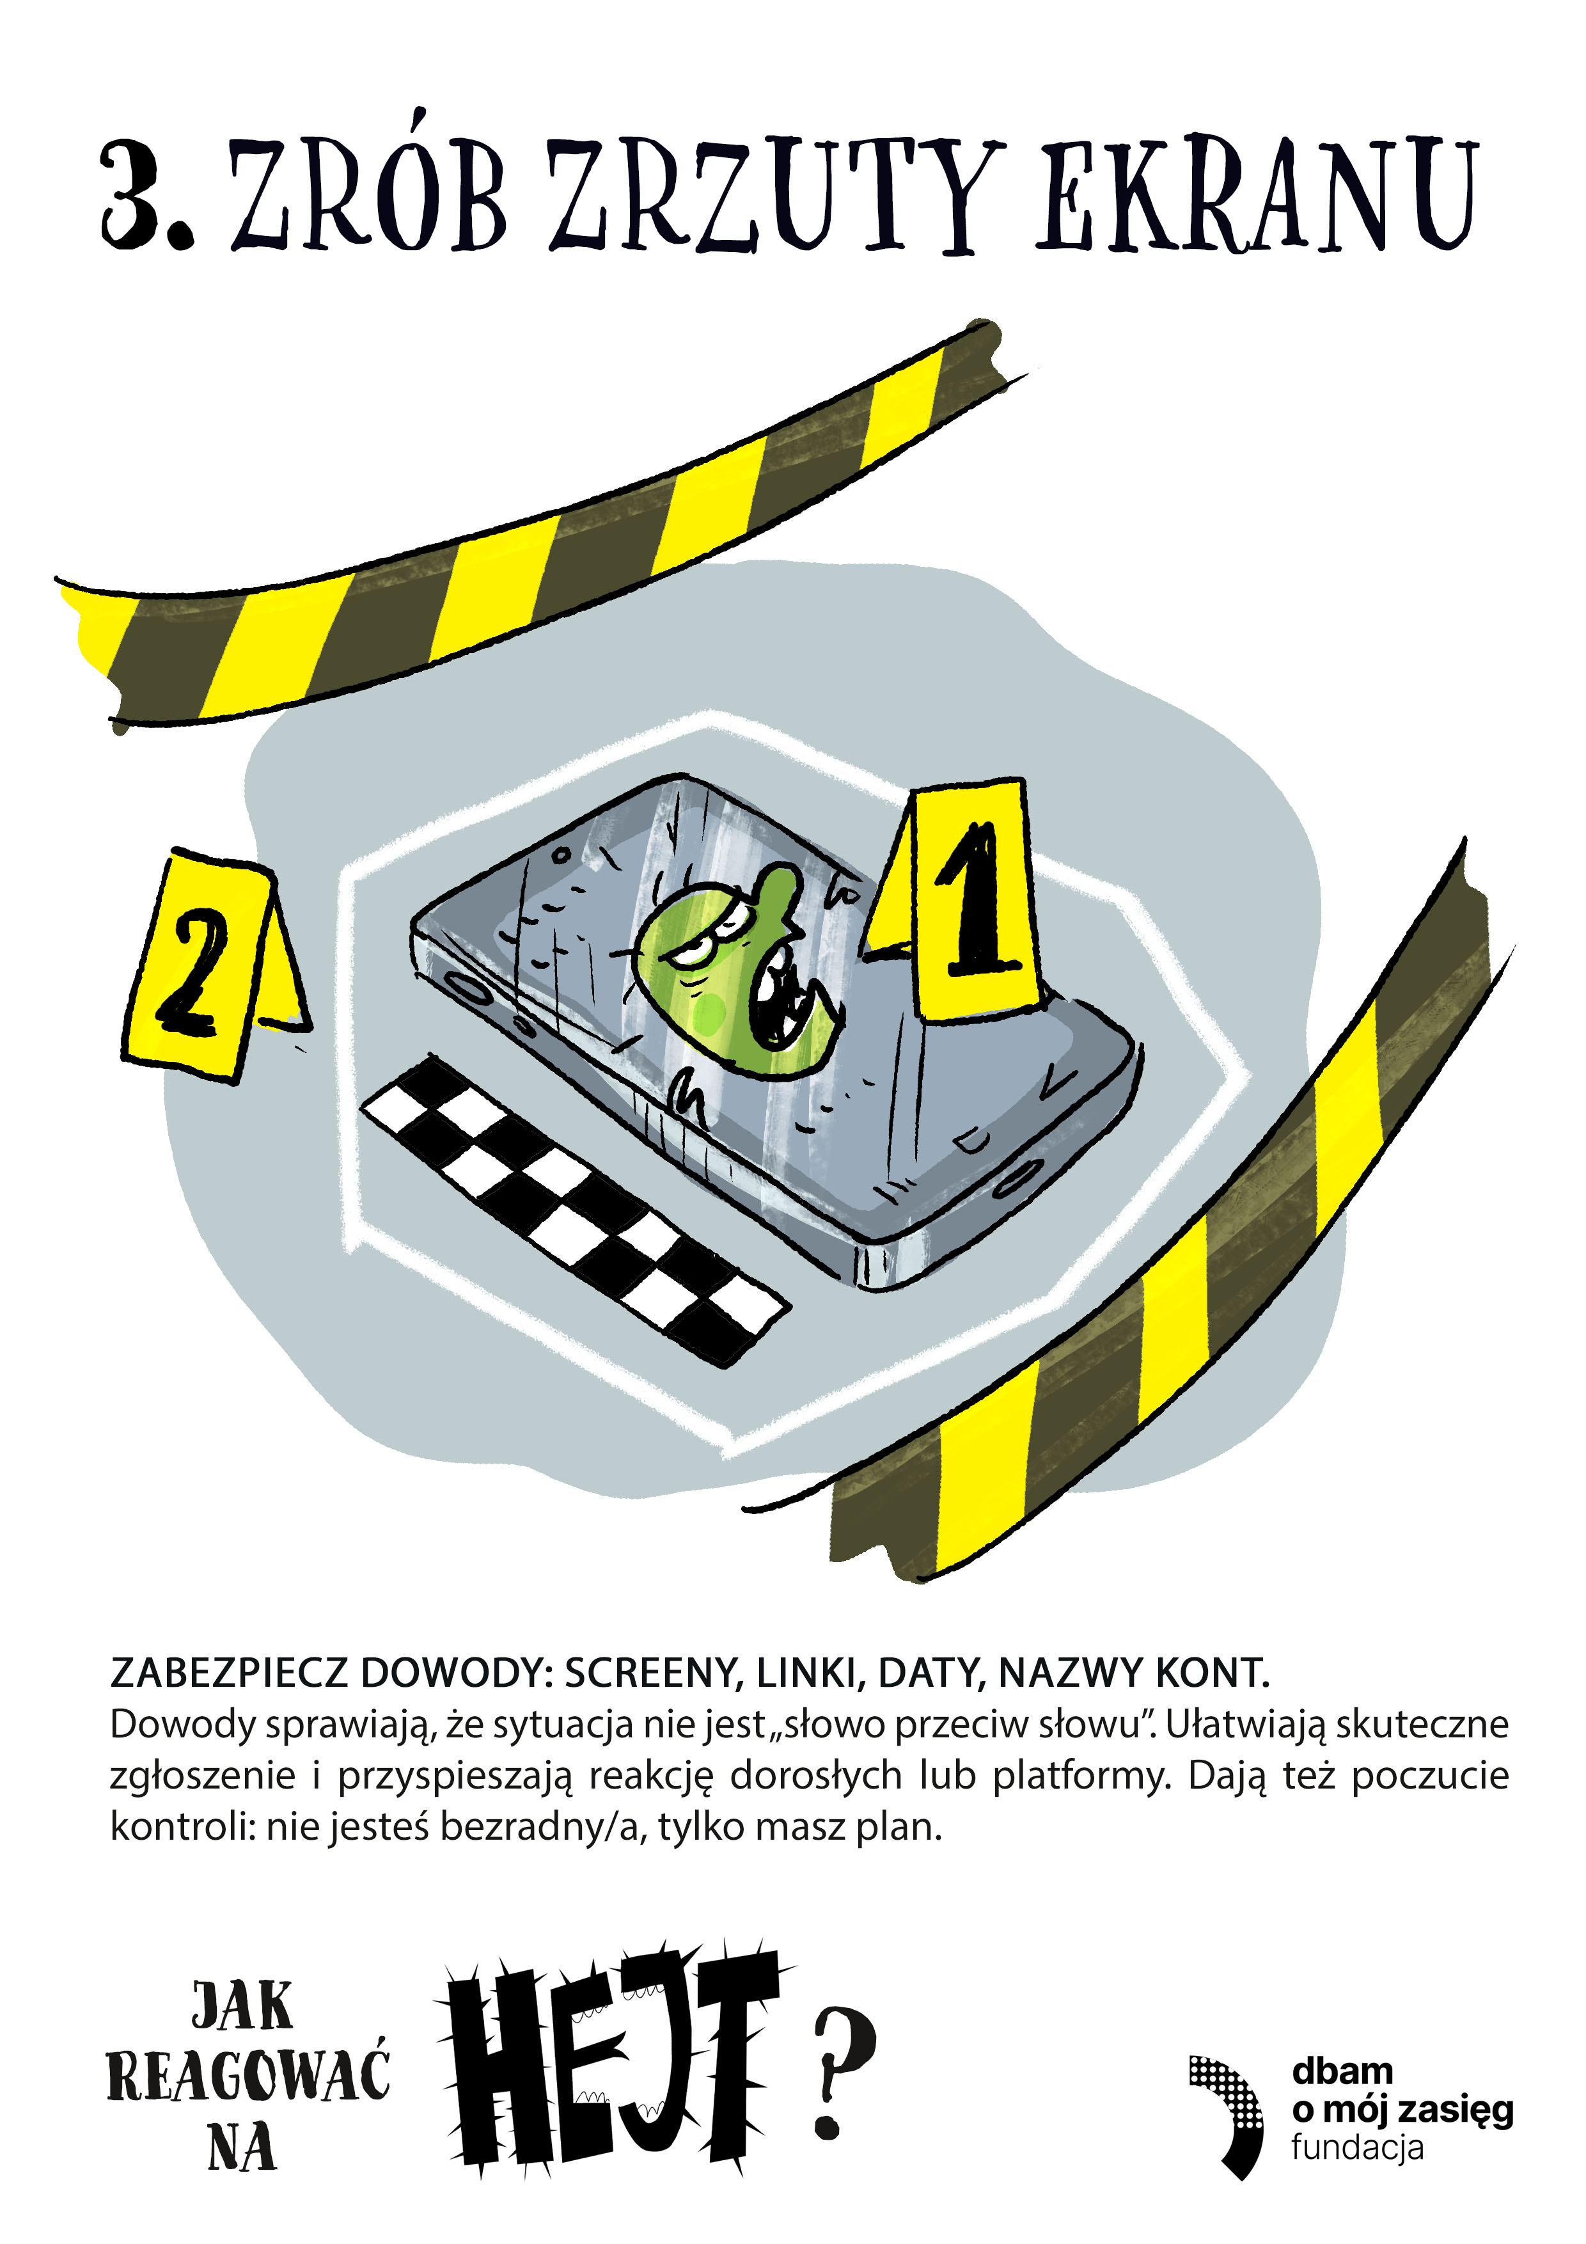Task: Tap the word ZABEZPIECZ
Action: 229,1674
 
